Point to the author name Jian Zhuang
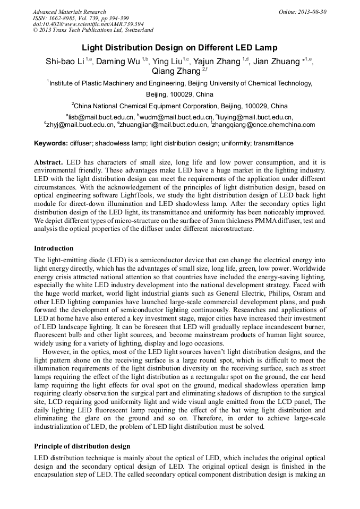(x=277, y=62)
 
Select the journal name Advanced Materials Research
(x=70, y=12)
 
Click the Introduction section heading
(x=54, y=248)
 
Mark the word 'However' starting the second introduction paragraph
(x=56, y=351)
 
